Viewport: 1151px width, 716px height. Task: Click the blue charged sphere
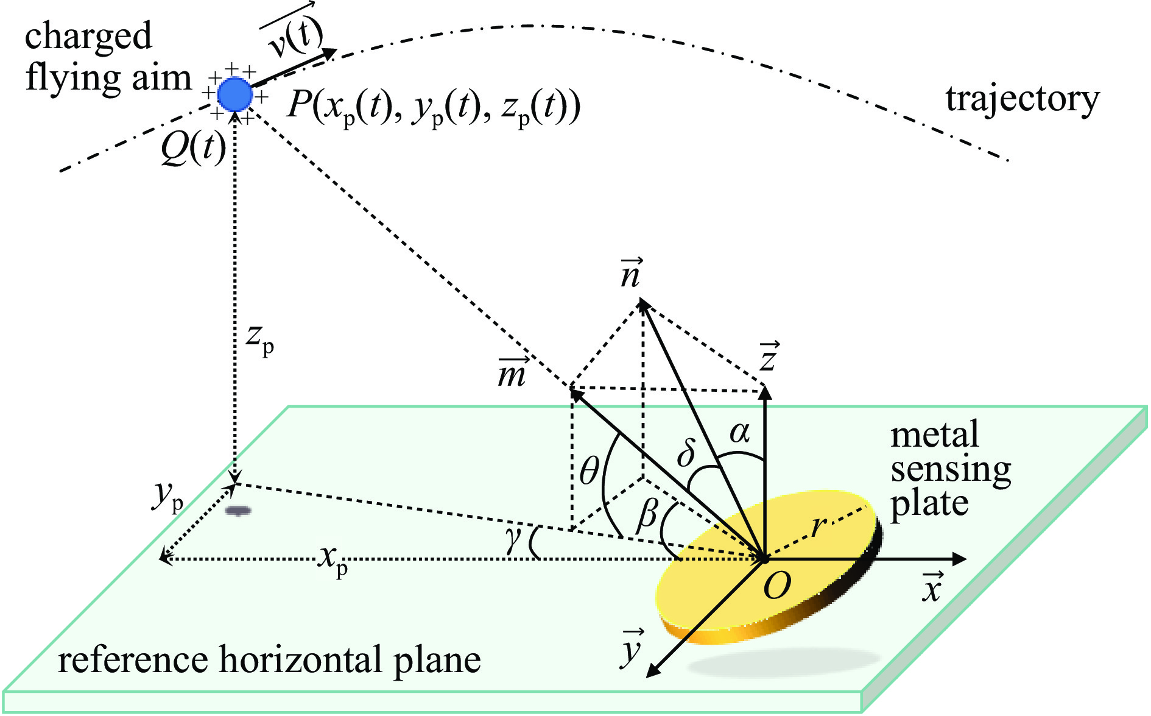(x=235, y=94)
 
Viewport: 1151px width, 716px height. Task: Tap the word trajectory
(x=1023, y=99)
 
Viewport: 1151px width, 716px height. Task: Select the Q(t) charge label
(x=193, y=148)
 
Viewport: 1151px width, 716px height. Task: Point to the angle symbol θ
(x=590, y=471)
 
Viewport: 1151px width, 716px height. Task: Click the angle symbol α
(x=739, y=433)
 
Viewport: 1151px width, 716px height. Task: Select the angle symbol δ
(x=687, y=453)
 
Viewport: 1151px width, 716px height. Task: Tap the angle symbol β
(x=647, y=515)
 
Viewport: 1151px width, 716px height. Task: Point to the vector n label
(x=630, y=274)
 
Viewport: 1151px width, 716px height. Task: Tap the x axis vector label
(x=932, y=587)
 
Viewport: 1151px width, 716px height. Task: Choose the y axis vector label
(x=632, y=648)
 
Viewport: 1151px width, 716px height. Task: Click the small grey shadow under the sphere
(x=238, y=511)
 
